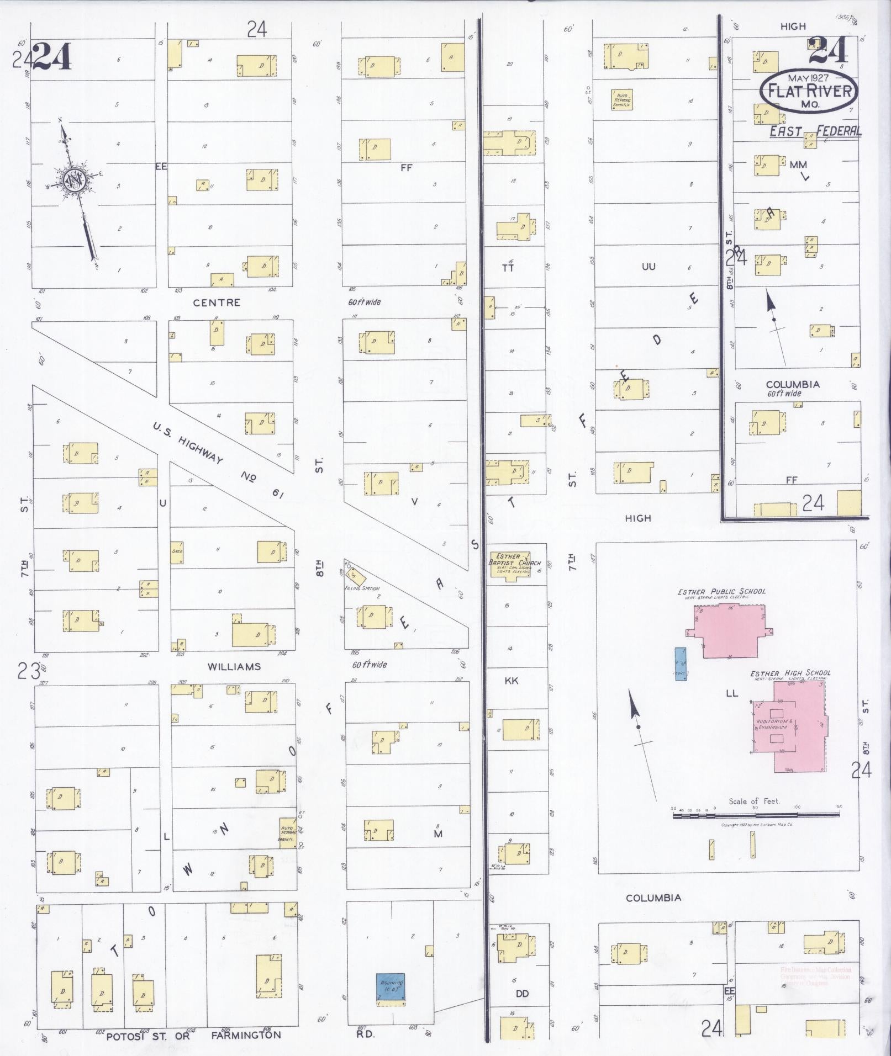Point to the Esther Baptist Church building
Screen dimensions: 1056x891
point(510,564)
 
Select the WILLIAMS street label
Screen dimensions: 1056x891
point(234,667)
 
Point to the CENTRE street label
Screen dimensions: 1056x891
point(217,303)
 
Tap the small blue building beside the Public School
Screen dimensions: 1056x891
point(681,664)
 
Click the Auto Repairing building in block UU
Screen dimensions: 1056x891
point(621,100)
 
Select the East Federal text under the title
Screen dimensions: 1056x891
point(815,131)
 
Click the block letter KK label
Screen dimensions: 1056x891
point(512,681)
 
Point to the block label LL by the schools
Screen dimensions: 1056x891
point(731,693)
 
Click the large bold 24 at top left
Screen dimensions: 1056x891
point(52,57)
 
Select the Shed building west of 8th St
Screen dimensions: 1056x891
point(177,552)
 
